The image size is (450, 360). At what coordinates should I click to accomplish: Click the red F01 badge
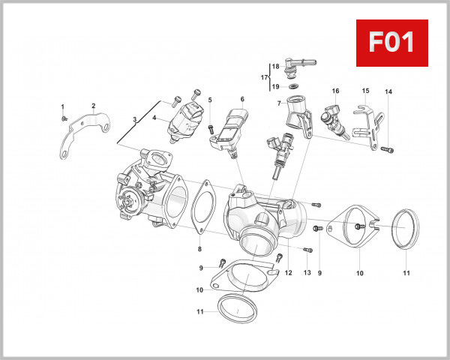click(391, 43)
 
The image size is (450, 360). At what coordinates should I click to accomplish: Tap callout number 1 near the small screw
click(63, 106)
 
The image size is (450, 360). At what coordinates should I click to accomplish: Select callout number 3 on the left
click(134, 120)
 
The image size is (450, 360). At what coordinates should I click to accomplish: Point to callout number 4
click(154, 117)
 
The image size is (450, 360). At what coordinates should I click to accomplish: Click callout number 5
click(210, 100)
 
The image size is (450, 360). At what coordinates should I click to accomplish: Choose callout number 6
click(242, 99)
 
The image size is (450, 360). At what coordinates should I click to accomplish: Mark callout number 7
click(278, 103)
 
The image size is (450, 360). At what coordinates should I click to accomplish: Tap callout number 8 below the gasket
click(199, 249)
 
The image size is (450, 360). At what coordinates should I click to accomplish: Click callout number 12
click(288, 273)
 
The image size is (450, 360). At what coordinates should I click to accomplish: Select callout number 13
click(307, 273)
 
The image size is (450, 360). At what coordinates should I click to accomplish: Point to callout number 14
click(388, 92)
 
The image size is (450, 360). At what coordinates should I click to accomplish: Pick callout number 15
click(365, 91)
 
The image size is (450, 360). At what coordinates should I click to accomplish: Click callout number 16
click(335, 91)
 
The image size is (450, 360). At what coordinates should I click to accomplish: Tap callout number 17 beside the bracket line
click(264, 77)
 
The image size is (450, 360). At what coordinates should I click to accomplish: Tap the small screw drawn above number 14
click(386, 149)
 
